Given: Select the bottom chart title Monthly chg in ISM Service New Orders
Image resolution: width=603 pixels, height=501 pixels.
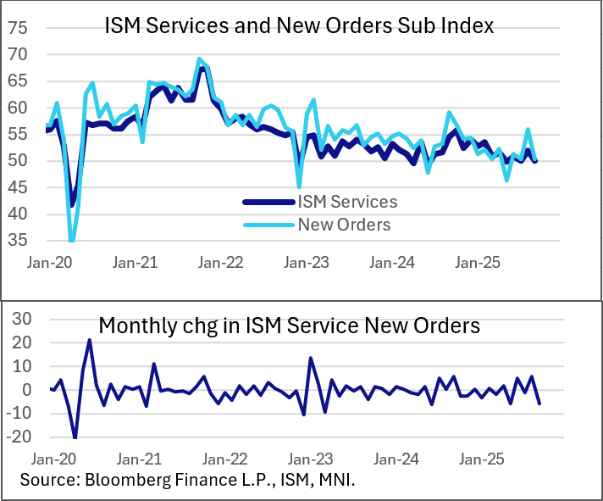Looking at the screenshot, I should (290, 325).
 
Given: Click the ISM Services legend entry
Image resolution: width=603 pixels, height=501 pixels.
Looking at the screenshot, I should (348, 202).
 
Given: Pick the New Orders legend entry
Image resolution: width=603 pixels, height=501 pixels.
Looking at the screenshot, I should (344, 225).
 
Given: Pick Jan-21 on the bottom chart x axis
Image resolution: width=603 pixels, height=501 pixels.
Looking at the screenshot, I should (140, 459).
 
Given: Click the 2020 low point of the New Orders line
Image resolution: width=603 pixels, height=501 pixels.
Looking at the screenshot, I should (72, 241).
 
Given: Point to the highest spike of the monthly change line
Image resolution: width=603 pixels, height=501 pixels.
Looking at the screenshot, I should (89, 340).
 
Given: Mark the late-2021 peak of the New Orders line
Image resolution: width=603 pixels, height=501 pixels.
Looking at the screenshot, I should (199, 59).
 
